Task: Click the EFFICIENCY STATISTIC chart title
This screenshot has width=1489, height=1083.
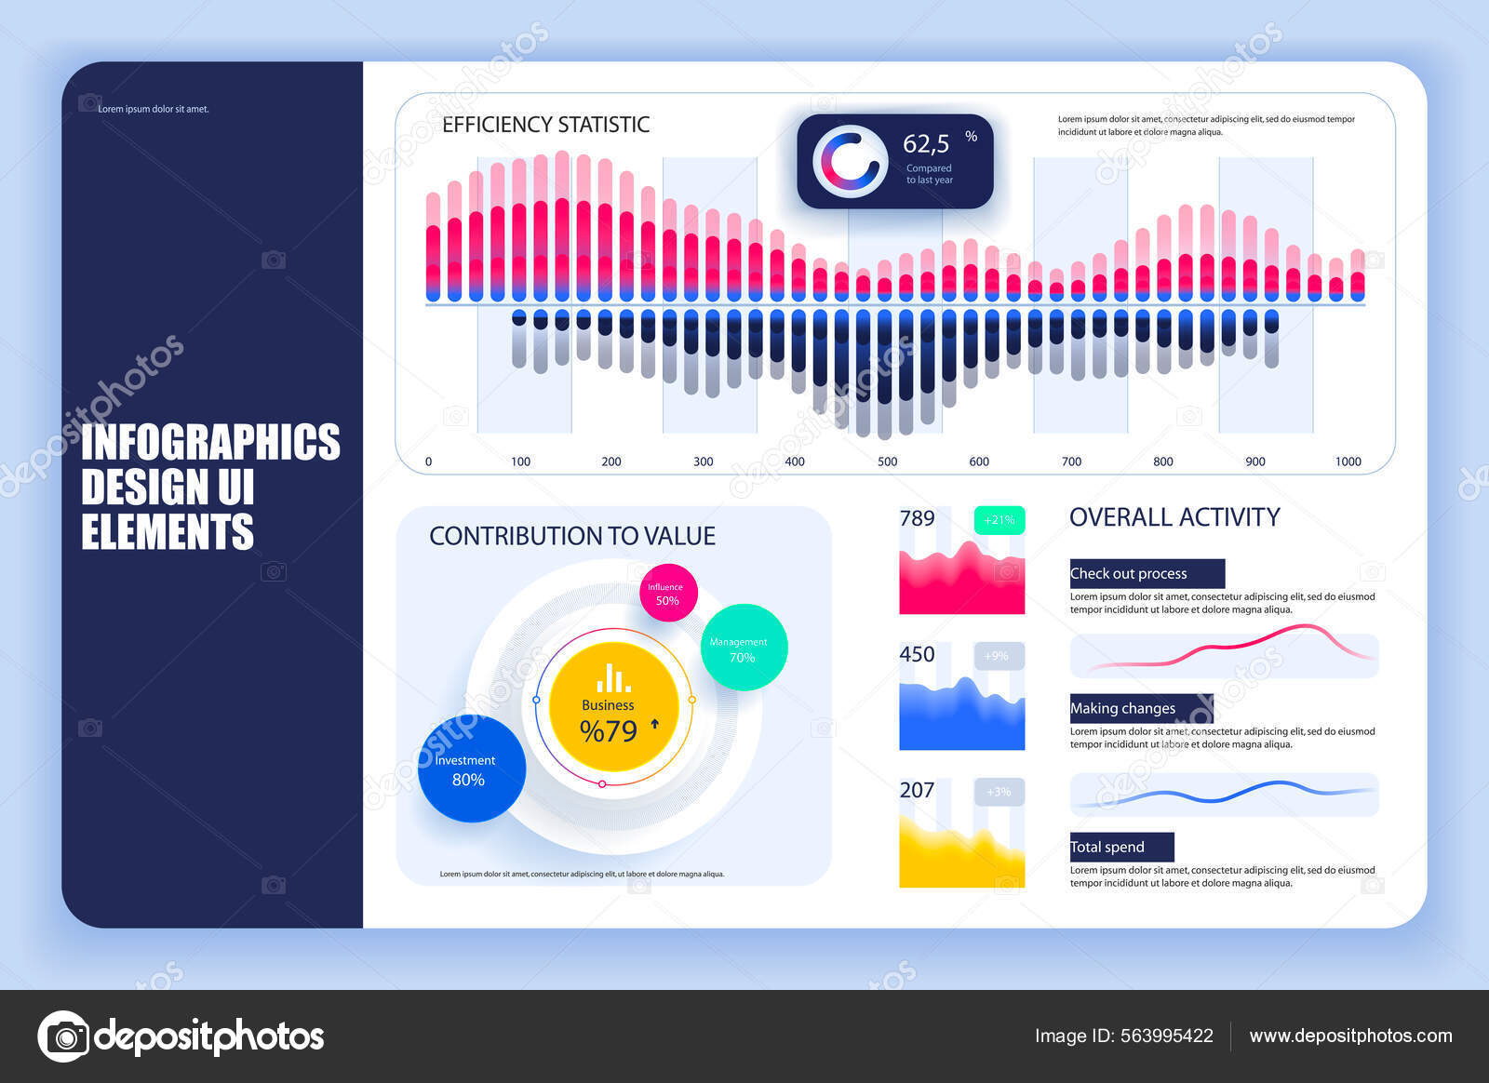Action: point(545,125)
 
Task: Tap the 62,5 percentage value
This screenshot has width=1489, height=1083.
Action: point(926,144)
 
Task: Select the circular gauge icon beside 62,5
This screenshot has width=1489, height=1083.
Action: point(849,161)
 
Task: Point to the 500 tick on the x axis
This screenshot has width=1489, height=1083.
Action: point(888,461)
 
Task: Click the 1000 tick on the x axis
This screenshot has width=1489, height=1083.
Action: point(1348,461)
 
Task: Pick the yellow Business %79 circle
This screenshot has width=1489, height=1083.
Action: point(613,707)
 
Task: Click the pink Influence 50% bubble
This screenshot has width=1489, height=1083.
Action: point(668,593)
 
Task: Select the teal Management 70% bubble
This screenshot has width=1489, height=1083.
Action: point(744,648)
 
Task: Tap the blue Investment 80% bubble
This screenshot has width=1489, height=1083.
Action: point(471,769)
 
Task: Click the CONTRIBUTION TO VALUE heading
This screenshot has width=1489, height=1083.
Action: point(572,536)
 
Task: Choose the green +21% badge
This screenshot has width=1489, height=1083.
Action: point(999,520)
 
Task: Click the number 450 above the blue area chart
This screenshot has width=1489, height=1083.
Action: point(917,654)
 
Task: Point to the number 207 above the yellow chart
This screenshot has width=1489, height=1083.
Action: point(917,790)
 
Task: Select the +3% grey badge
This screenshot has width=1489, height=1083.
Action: point(999,792)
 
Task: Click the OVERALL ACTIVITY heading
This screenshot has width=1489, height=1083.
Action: point(1174,517)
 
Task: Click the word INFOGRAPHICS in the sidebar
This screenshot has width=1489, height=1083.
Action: point(210,442)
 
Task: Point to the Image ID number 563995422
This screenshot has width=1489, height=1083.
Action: point(1167,1036)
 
